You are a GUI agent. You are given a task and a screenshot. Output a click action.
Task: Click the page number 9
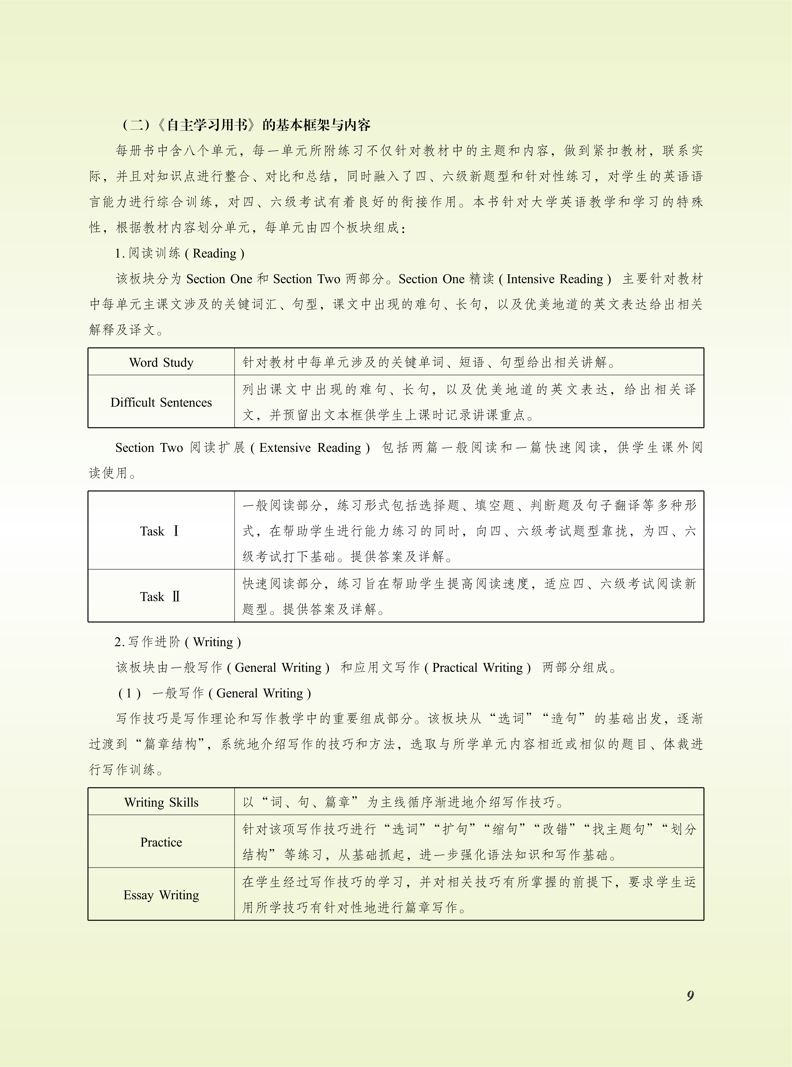[690, 996]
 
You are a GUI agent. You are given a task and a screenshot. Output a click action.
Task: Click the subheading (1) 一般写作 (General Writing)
[215, 693]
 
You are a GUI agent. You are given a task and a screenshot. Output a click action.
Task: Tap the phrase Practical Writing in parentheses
[477, 668]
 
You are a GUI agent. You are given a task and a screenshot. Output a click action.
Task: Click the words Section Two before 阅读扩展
[149, 448]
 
